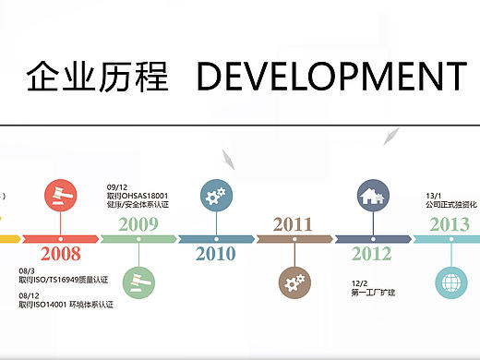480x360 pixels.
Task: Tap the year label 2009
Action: pyautogui.click(x=138, y=223)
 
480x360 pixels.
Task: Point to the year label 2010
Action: pyautogui.click(x=216, y=255)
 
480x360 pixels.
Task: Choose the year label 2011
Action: pyautogui.click(x=293, y=223)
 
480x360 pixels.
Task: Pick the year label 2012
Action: pyautogui.click(x=371, y=255)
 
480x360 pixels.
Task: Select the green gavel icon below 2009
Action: pyautogui.click(x=138, y=281)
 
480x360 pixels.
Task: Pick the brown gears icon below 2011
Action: pyautogui.click(x=294, y=281)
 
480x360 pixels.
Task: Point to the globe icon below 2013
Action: pyautogui.click(x=450, y=281)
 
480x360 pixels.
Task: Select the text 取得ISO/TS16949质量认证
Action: pyautogui.click(x=63, y=279)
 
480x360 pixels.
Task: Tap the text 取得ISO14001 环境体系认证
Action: pyautogui.click(x=66, y=305)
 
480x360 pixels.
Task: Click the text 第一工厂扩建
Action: pyautogui.click(x=373, y=293)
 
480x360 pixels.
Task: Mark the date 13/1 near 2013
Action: pyautogui.click(x=434, y=196)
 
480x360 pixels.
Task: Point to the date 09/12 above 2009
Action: pyautogui.click(x=117, y=186)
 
